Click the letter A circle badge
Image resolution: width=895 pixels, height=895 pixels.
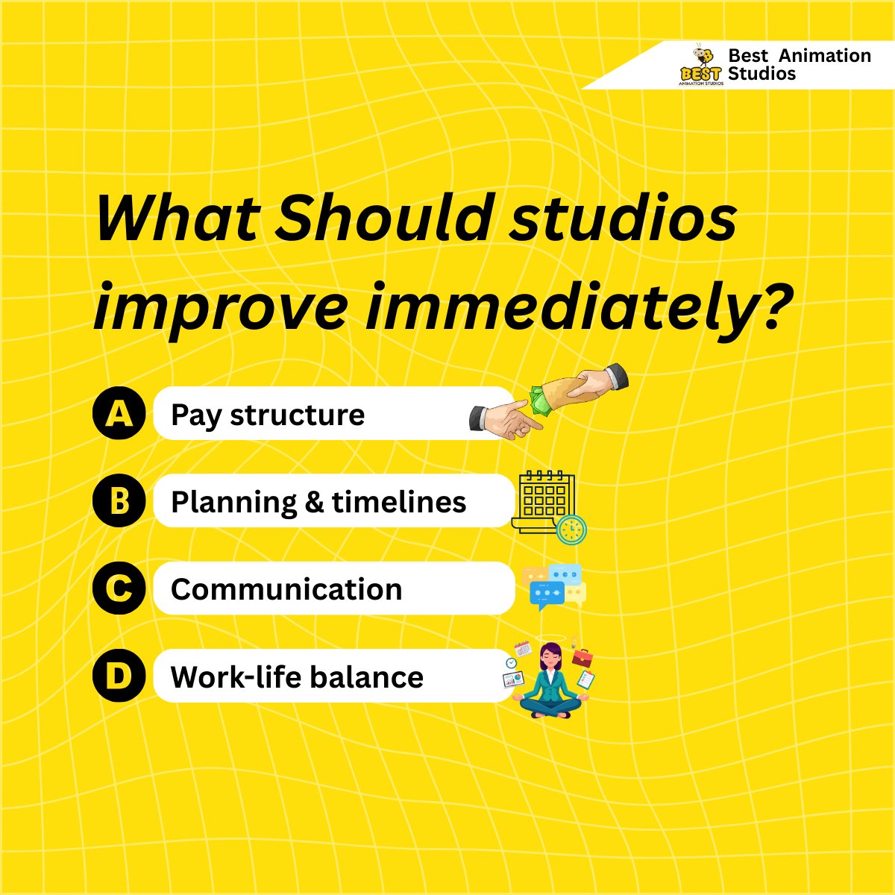tap(119, 413)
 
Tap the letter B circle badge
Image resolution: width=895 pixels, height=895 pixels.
tap(119, 501)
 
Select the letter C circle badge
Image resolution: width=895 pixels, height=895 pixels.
tap(119, 588)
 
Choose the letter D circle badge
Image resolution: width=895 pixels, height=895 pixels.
tap(119, 676)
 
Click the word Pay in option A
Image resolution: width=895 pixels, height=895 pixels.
tap(196, 415)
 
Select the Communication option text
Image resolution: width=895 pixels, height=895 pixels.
tap(286, 589)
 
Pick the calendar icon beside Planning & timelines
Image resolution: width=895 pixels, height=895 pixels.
tap(545, 499)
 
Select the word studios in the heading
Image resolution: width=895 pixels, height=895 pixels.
tap(623, 219)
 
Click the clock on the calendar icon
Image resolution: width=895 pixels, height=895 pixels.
tap(572, 530)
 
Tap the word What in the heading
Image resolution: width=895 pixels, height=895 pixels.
tap(178, 219)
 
